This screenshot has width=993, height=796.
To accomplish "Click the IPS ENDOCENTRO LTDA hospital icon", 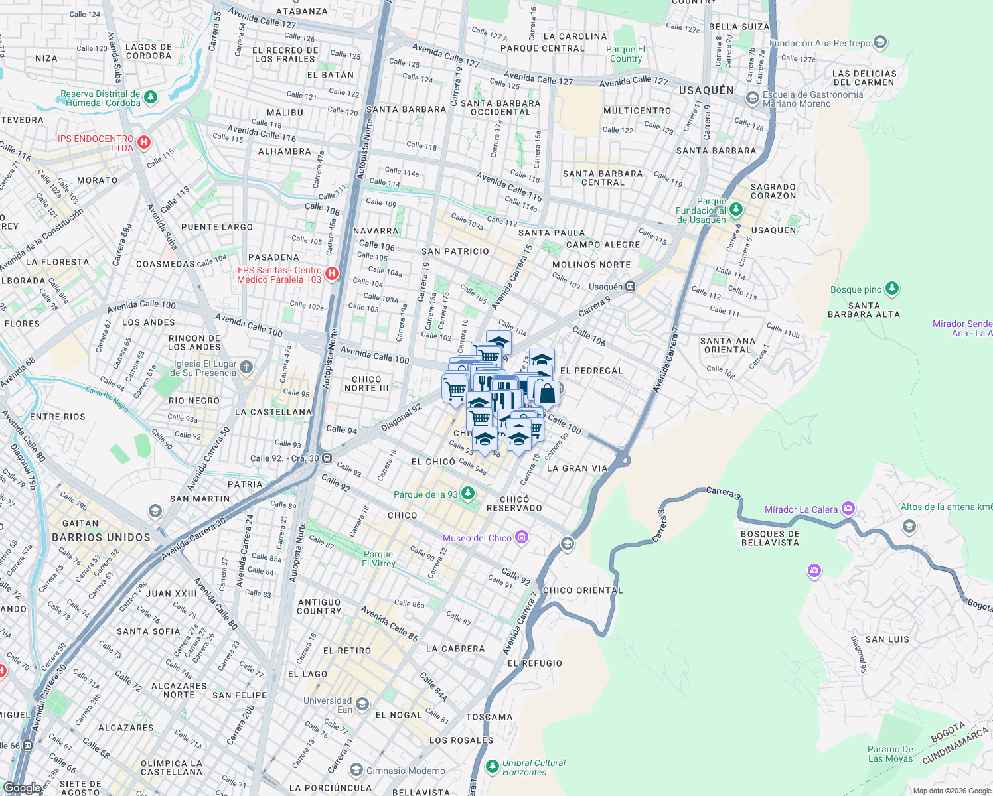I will point(144,142).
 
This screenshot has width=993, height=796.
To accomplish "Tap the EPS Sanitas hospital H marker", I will point(333,273).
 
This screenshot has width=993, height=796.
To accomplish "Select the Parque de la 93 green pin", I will point(468,494).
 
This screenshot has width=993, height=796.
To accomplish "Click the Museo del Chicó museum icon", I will point(522,537).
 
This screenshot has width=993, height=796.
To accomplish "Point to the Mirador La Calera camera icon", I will point(848,509).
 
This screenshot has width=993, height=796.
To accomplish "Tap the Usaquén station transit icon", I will point(631,287).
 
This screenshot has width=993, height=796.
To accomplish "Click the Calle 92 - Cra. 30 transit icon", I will point(327,458).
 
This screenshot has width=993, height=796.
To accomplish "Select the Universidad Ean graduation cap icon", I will point(362,704).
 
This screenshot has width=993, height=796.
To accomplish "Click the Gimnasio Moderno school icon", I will point(356,770).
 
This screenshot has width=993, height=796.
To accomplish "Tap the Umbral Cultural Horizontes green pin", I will point(492,767).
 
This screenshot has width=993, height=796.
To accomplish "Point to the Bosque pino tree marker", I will point(892,289).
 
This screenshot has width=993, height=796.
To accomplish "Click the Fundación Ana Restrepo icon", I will point(880,43).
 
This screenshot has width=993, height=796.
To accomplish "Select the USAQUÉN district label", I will point(706,90).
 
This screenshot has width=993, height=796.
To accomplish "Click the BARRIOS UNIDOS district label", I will point(102,537).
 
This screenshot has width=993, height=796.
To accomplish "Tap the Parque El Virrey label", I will point(378,559).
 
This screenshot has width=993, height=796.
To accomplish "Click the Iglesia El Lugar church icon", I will point(246,367).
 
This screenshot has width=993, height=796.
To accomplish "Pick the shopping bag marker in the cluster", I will point(547,393).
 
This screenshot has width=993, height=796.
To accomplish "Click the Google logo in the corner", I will point(22,787).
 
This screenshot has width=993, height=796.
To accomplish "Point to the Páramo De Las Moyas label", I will point(890,754).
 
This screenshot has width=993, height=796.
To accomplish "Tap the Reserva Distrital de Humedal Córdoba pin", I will point(151,98).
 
